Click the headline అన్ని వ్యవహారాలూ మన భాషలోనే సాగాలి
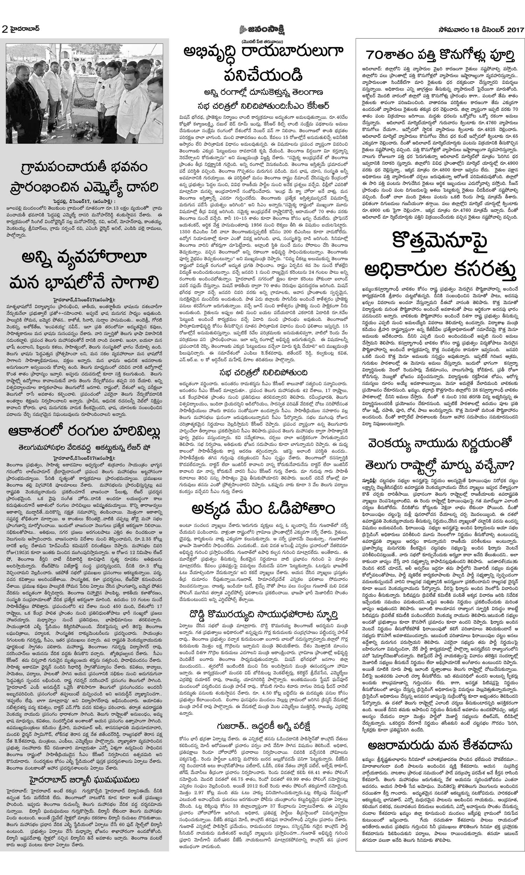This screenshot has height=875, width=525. tap(84, 270)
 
